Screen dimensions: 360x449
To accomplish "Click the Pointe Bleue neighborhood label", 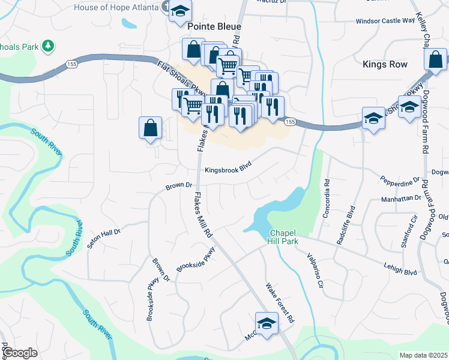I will tap(214, 26).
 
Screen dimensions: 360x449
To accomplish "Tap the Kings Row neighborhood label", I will tap(385, 64).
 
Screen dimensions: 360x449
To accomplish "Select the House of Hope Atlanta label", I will tap(116, 8).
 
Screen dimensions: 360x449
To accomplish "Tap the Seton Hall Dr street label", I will tap(104, 238).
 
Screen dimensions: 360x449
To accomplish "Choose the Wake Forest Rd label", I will tap(280, 304).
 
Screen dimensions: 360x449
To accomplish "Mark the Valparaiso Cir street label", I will tap(316, 272).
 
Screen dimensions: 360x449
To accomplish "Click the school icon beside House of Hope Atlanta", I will tap(179, 11).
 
